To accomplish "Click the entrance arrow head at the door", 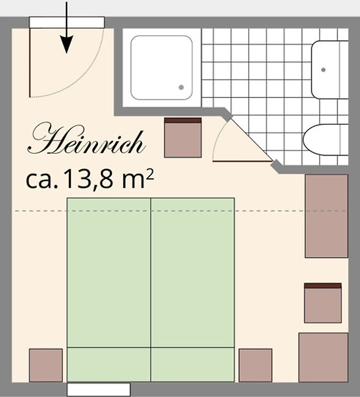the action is (67, 44).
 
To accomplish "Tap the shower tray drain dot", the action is (181, 87).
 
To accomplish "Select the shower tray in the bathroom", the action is (162, 67).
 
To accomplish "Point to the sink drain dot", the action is (323, 69).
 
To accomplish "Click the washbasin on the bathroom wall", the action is (329, 69).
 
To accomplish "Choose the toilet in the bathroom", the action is (326, 140).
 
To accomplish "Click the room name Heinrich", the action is (86, 139).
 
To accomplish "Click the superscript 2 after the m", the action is (150, 174).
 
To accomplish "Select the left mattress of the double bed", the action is (109, 290).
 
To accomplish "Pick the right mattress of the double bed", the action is (193, 290).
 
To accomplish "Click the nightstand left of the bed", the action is (46, 365).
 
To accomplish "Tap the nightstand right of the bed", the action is (255, 365).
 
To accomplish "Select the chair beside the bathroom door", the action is (183, 137).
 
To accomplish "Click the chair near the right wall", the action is (323, 303).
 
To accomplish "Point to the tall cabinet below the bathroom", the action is (327, 216).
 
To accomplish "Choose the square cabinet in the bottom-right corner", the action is (324, 357).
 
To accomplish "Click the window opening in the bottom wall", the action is (98, 390).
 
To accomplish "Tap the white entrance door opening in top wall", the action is (67, 22).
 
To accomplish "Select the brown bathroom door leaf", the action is (242, 161).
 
